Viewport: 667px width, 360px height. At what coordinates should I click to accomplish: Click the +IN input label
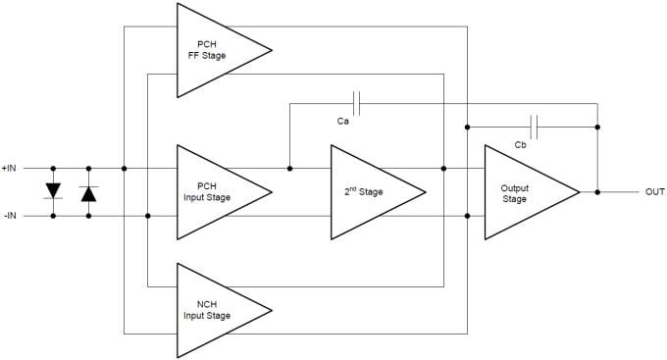pyautogui.click(x=11, y=169)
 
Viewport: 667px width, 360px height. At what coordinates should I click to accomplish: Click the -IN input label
pyautogui.click(x=10, y=216)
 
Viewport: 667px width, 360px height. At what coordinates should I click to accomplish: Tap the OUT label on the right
pyautogui.click(x=654, y=192)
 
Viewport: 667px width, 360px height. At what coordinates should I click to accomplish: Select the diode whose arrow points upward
pyautogui.click(x=88, y=193)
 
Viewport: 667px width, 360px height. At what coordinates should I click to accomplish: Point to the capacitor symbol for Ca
pyautogui.click(x=357, y=103)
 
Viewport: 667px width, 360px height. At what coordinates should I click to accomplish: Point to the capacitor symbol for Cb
pyautogui.click(x=534, y=127)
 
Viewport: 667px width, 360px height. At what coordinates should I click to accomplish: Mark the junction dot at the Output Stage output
pyautogui.click(x=597, y=192)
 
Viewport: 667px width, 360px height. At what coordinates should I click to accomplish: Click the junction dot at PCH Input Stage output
pyautogui.click(x=289, y=169)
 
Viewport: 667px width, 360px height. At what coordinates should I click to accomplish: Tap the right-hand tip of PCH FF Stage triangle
pyautogui.click(x=272, y=50)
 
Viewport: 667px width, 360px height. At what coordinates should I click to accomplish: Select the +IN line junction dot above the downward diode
pyautogui.click(x=52, y=169)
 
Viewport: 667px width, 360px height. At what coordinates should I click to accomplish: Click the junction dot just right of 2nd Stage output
pyautogui.click(x=443, y=169)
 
